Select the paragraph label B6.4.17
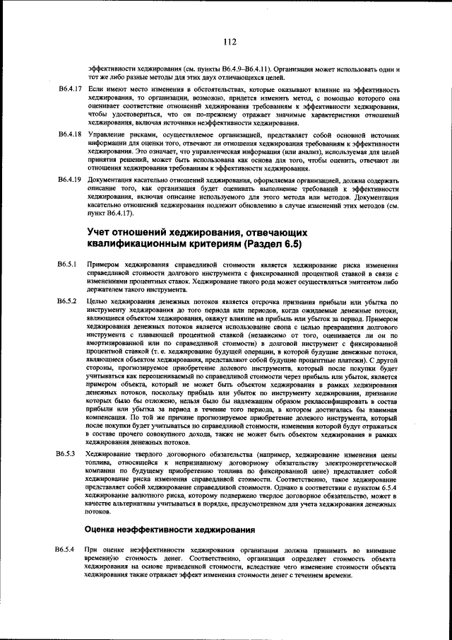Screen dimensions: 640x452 pos(70,91)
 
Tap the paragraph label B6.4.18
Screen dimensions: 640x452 pos(70,134)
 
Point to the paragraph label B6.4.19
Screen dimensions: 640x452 pos(70,179)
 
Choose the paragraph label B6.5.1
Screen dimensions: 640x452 pos(68,264)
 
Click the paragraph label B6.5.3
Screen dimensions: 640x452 pos(68,453)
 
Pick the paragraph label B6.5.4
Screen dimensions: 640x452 pos(68,549)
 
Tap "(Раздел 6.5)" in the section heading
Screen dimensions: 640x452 pos(271,245)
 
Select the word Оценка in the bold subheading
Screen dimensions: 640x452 pos(104,529)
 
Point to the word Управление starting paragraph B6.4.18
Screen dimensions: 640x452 pos(104,134)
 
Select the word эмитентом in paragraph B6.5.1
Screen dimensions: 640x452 pos(367,281)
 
